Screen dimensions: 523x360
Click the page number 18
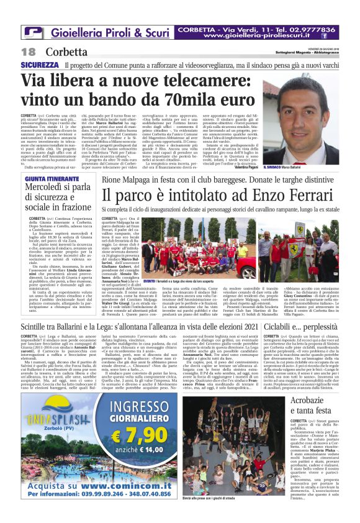pyautogui.click(x=29, y=52)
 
